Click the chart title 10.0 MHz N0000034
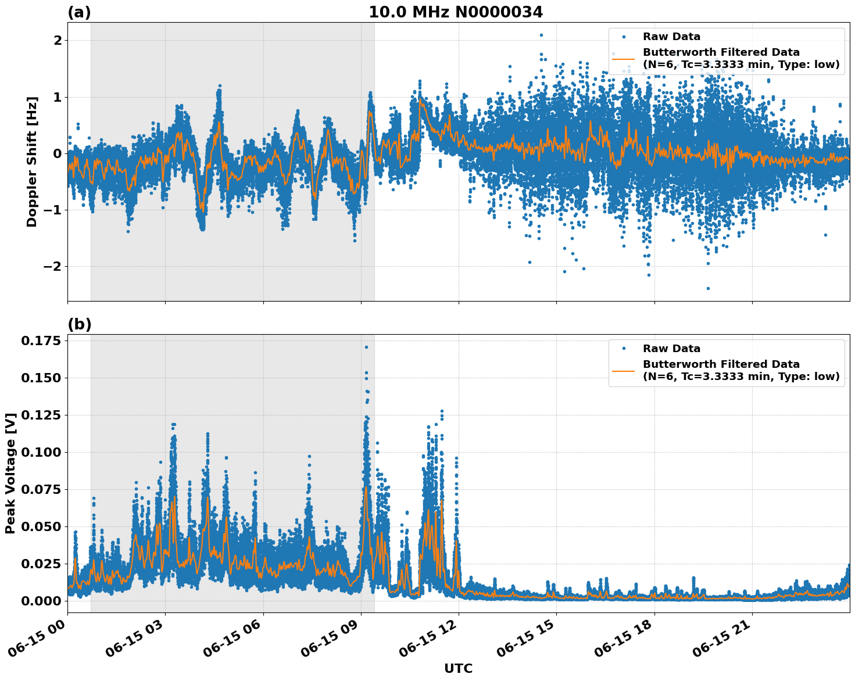(456, 12)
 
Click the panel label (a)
(79, 12)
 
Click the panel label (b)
(79, 324)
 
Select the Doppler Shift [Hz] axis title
(32, 162)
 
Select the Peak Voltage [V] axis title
(10, 478)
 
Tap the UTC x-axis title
(458, 668)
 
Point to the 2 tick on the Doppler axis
(58, 40)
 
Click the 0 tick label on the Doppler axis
(58, 153)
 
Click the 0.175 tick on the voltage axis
(42, 340)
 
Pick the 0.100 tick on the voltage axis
(42, 452)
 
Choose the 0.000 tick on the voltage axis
(42, 601)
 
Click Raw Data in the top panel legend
(671, 37)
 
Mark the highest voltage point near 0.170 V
(366, 347)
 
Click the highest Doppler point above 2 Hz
(541, 35)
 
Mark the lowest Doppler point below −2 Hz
(708, 288)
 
